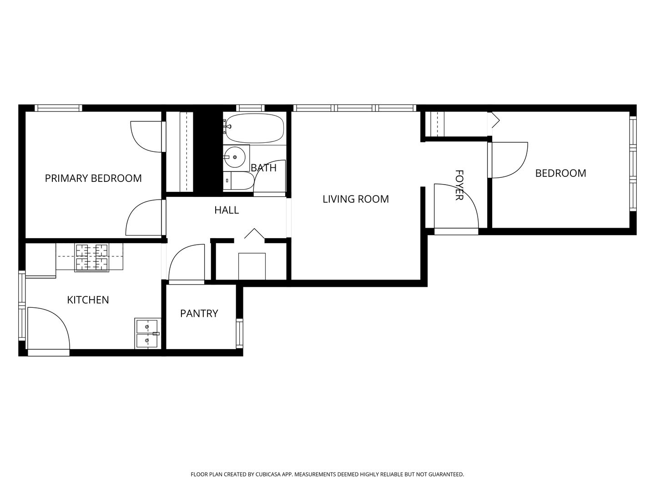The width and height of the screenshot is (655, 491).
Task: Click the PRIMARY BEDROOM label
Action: [93, 178]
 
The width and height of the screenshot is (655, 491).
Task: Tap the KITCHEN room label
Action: [88, 300]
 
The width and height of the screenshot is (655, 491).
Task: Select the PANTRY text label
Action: [199, 313]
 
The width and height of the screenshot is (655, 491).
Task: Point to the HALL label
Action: [227, 210]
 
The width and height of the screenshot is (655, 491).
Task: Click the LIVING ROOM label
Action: [356, 199]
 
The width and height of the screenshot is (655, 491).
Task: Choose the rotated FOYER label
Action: [459, 185]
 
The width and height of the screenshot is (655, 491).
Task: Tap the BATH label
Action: [263, 168]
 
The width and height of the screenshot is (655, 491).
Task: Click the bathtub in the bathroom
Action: [254, 129]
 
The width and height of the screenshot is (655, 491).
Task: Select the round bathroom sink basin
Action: [235, 157]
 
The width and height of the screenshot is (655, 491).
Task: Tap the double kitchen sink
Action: [147, 333]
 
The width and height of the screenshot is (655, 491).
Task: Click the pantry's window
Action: [240, 333]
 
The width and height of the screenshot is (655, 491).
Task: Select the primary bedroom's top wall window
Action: [58, 108]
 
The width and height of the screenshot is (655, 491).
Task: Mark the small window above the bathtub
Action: [250, 108]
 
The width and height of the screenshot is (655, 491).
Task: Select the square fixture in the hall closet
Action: [252, 266]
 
